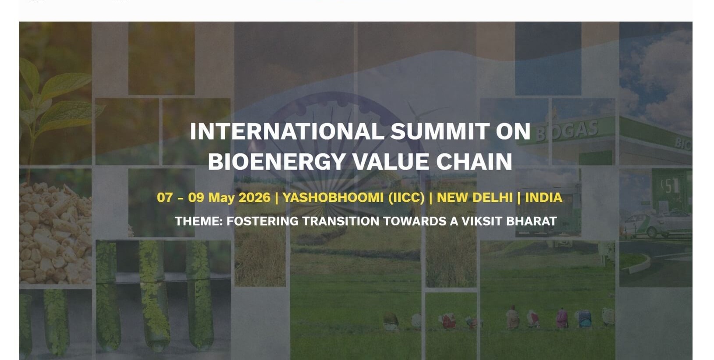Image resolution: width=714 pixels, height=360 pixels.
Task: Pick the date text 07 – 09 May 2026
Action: point(213,197)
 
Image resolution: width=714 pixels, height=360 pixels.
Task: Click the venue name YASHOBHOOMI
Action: point(333,197)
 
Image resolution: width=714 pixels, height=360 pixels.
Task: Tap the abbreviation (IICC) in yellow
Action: point(406,197)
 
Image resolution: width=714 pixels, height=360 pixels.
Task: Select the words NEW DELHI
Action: point(474,197)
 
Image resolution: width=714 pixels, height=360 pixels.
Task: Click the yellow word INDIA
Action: point(543,197)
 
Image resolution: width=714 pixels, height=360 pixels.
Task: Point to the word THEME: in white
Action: point(199,221)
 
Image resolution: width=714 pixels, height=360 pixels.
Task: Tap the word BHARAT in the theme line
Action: point(531,221)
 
